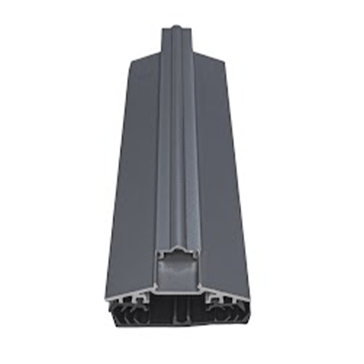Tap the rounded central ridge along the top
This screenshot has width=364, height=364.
point(178,136)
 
